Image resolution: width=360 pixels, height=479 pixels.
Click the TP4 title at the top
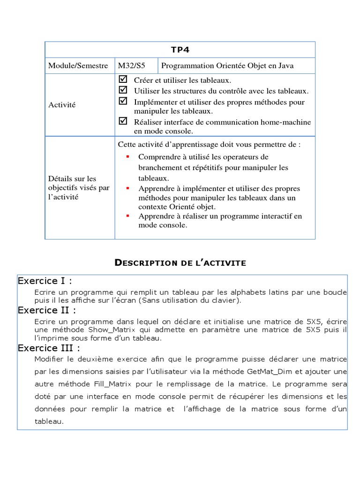tap(180, 50)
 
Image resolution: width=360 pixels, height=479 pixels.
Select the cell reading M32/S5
tap(129, 66)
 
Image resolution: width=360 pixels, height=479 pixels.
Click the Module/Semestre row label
tap(78, 66)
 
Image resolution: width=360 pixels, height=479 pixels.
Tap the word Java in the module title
tap(285, 66)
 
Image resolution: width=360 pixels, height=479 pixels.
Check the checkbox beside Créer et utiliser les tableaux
tap(123, 80)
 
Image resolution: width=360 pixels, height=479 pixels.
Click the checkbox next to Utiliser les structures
tap(123, 89)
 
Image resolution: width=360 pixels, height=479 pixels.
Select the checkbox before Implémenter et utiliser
tap(123, 101)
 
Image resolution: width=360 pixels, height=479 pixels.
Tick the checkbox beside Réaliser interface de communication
tap(123, 121)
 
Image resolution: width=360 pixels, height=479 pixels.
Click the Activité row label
tap(62, 105)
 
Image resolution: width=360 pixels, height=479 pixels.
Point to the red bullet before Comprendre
tap(127, 156)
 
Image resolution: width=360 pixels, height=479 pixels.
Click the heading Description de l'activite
tap(180, 263)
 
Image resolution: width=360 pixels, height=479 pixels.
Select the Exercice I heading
tap(45, 281)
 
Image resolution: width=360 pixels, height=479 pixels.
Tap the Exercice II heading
tap(47, 310)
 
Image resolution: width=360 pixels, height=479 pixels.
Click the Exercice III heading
tap(49, 348)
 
